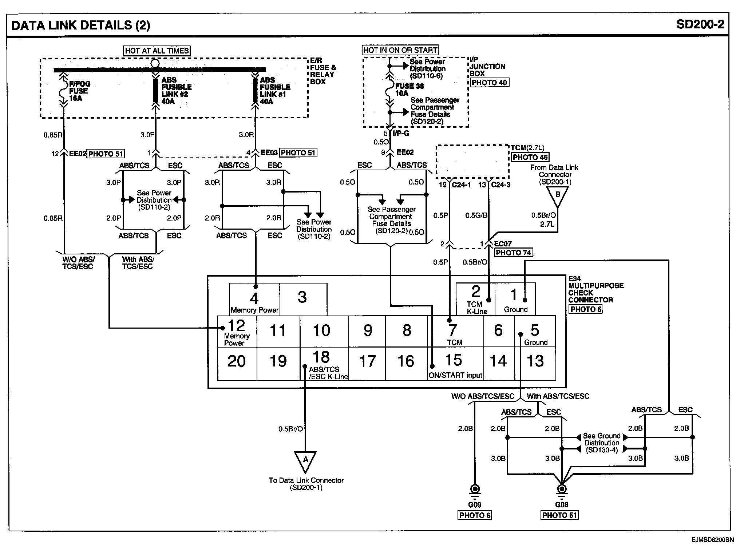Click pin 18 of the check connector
(324, 364)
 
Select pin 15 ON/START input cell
(455, 364)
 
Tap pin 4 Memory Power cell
(254, 299)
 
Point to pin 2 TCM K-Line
(475, 299)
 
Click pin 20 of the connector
(237, 364)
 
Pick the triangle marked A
(305, 461)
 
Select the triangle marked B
(557, 197)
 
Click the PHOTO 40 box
(489, 83)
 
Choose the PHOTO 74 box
(513, 253)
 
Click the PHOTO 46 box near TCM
(530, 157)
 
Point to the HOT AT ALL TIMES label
(157, 51)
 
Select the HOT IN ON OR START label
(400, 50)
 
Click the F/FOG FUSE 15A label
(80, 91)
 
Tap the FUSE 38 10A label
(409, 90)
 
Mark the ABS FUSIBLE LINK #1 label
(275, 91)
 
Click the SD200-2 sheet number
(700, 24)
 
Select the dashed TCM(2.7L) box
(472, 162)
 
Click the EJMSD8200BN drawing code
(712, 540)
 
